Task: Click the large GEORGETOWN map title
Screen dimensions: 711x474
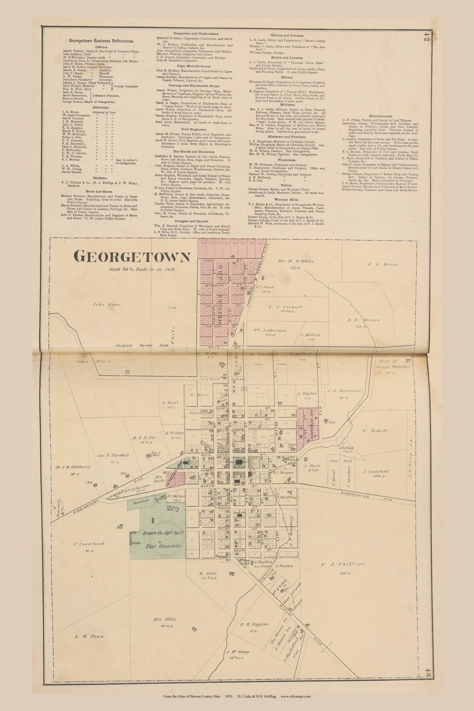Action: point(132,257)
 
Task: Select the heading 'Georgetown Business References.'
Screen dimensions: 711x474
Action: point(98,40)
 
